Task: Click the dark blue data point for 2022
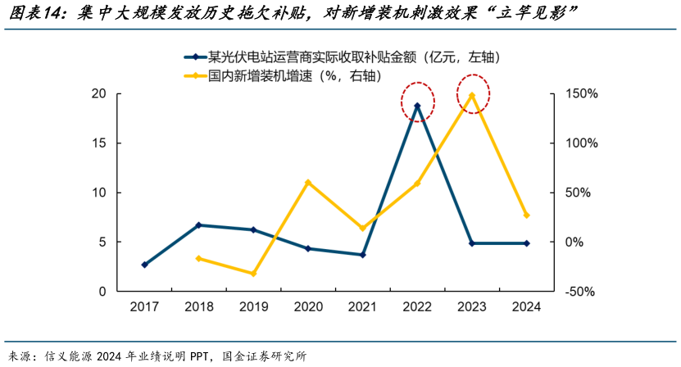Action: pyautogui.click(x=417, y=106)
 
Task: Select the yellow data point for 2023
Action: pyautogui.click(x=471, y=95)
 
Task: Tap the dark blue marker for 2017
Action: pyautogui.click(x=145, y=265)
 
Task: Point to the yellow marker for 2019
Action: pyautogui.click(x=253, y=274)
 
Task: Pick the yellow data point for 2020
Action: pyautogui.click(x=308, y=182)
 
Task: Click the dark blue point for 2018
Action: pyautogui.click(x=199, y=225)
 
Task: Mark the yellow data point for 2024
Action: pyautogui.click(x=526, y=215)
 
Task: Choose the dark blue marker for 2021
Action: pyautogui.click(x=362, y=255)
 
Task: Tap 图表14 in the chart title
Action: pyautogui.click(x=34, y=14)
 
